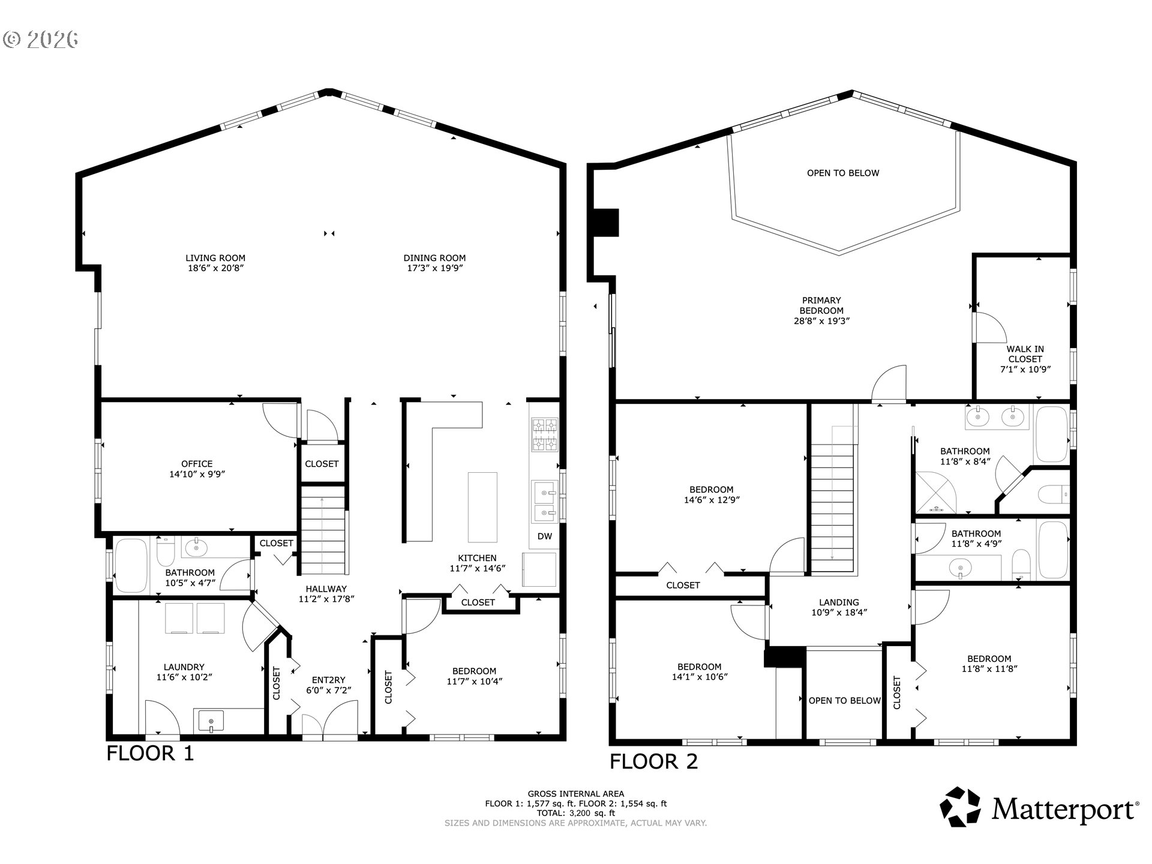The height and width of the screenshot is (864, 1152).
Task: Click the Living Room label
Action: [x=215, y=259]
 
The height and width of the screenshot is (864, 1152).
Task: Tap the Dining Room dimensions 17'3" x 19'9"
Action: [x=434, y=268]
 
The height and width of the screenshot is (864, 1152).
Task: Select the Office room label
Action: [x=197, y=464]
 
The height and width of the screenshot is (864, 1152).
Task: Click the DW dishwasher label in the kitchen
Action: [x=544, y=536]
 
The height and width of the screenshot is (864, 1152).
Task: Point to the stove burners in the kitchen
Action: [x=544, y=435]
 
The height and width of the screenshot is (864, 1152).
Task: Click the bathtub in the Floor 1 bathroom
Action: [x=131, y=565]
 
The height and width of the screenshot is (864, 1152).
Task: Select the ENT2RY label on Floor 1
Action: [x=329, y=680]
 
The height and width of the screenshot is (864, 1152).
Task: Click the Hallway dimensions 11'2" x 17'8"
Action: [x=326, y=599]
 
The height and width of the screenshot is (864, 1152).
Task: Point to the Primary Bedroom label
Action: [x=821, y=305]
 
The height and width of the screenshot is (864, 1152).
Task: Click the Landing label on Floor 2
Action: [x=839, y=602]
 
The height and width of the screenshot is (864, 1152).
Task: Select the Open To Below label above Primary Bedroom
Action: [x=843, y=173]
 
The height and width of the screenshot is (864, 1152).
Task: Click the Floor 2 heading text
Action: [x=654, y=761]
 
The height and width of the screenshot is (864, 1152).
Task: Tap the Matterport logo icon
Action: [x=960, y=807]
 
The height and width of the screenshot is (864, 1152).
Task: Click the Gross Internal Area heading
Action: [x=575, y=794]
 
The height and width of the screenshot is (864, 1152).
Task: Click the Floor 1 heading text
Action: [x=151, y=753]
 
